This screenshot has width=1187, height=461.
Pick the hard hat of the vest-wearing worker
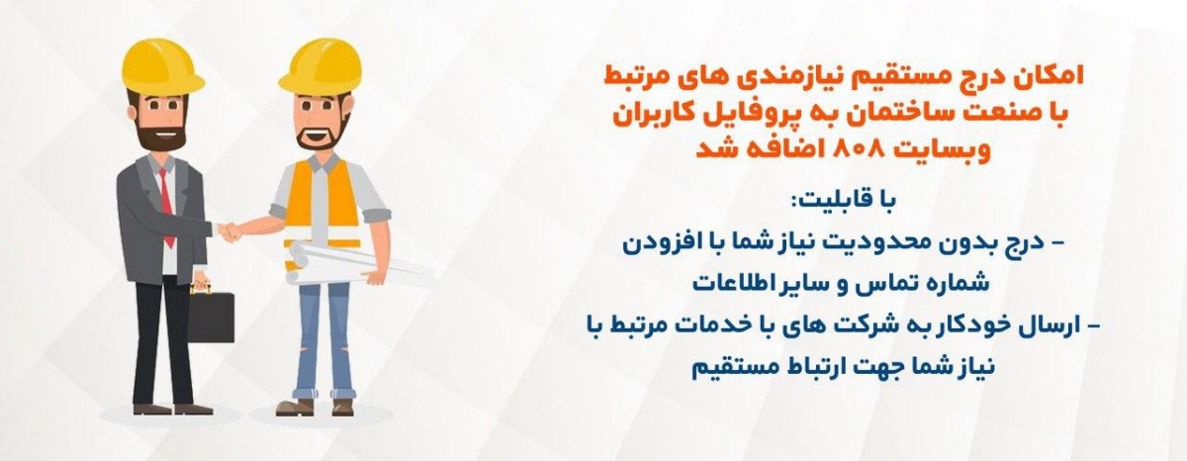321,66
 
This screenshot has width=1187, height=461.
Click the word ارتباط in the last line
834,368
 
